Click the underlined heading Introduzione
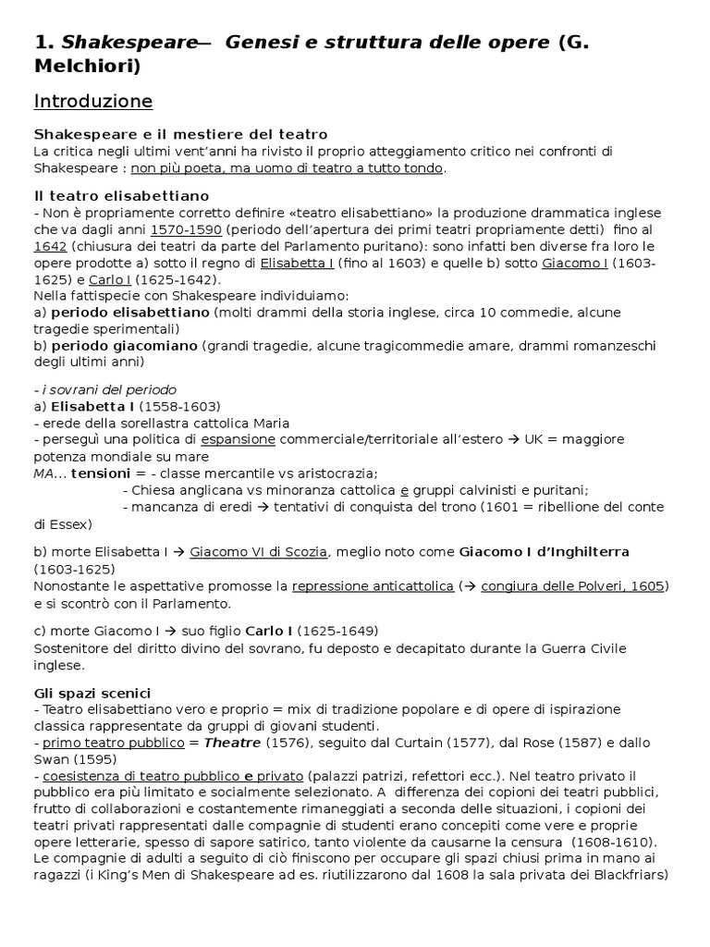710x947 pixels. pos(93,101)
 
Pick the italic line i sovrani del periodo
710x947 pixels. pos(104,389)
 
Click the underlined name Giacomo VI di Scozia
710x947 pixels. pos(258,552)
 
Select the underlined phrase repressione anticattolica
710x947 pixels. pos(373,586)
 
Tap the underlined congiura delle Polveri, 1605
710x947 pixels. pos(573,586)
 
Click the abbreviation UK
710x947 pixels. pos(534,438)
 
